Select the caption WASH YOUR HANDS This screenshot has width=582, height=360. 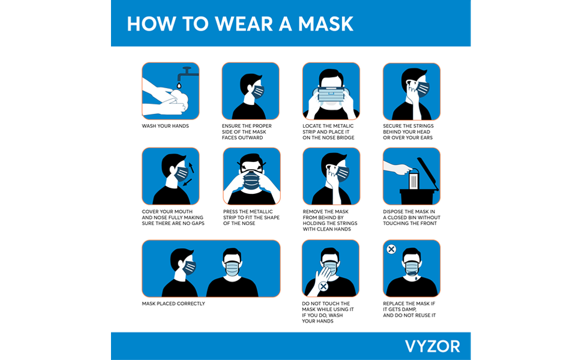pyautogui.click(x=165, y=126)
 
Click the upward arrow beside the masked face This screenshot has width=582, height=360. pyautogui.click(x=191, y=166)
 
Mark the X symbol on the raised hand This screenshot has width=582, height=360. pyautogui.click(x=323, y=287)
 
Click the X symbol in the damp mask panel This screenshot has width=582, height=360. pyautogui.click(x=391, y=249)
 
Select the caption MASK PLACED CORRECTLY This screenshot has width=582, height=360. pyautogui.click(x=173, y=304)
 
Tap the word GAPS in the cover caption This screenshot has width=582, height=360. pyautogui.click(x=196, y=223)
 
